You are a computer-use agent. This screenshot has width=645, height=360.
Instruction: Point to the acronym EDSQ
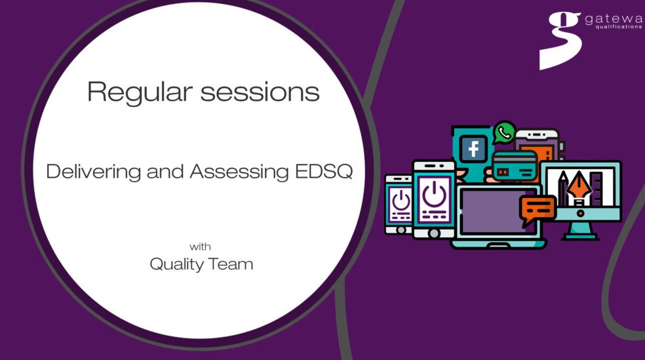point(325,172)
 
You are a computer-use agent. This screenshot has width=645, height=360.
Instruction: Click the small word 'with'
point(201,247)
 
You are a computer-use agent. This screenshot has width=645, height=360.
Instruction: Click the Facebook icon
point(473,150)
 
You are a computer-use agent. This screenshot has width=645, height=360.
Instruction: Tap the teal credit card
point(515,167)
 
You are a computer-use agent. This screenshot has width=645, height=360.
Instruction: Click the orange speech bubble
point(537,209)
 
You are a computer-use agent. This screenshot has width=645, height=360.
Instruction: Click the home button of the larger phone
point(433,231)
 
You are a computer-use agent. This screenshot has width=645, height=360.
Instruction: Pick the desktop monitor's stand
point(580,230)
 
